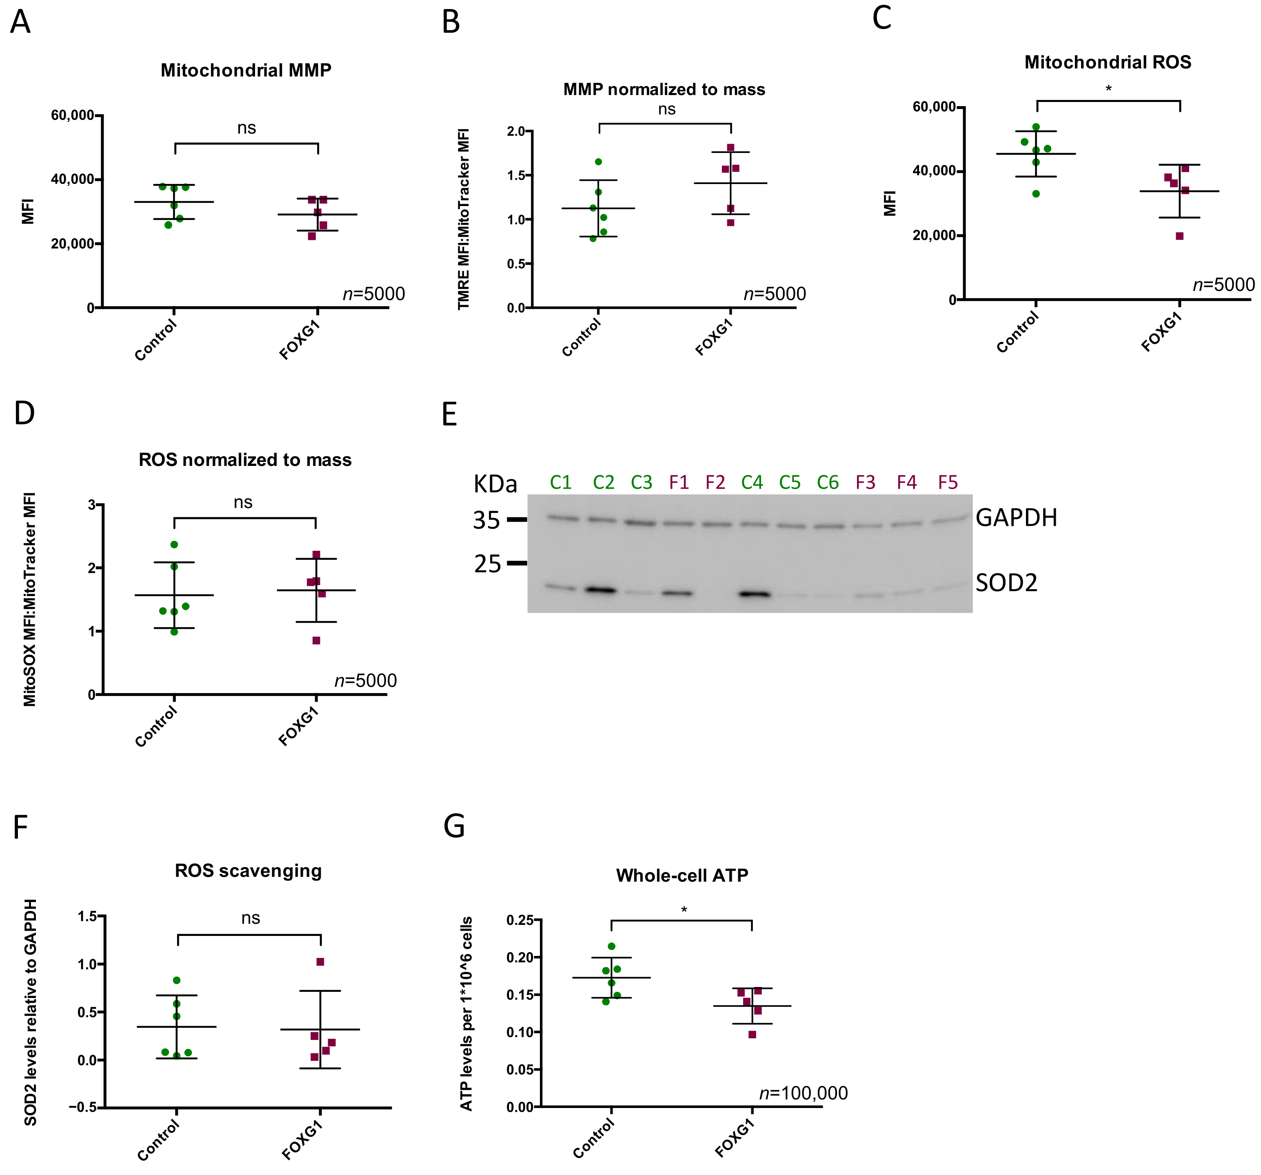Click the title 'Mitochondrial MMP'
tap(246, 71)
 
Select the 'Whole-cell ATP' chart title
tap(682, 876)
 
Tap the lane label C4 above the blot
tap(752, 483)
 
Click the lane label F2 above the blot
tap(715, 483)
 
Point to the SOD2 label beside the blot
tap(1006, 583)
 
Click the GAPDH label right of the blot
tap(1016, 518)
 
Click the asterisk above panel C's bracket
tap(1108, 89)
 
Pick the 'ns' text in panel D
tap(243, 503)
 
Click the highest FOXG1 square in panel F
tap(320, 962)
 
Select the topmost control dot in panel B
tap(598, 162)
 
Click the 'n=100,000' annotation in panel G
tap(803, 1093)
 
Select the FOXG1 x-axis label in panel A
tap(300, 341)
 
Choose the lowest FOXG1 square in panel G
tap(752, 1034)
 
